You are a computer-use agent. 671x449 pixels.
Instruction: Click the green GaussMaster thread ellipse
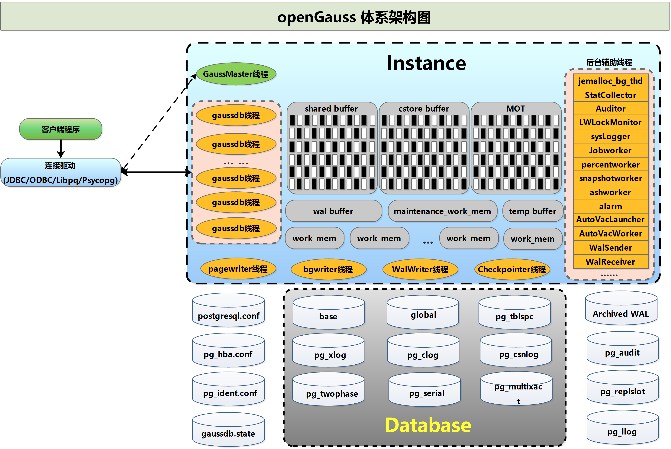(x=236, y=74)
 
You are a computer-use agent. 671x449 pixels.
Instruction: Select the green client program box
(x=60, y=129)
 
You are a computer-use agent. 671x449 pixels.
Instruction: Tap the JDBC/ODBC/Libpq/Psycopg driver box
(x=60, y=173)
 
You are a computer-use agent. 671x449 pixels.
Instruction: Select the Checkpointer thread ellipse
(x=512, y=269)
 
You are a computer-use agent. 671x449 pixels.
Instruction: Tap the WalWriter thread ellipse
(x=420, y=269)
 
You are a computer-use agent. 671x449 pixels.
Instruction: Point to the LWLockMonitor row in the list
(x=610, y=122)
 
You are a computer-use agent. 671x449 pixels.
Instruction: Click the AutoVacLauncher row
(x=610, y=220)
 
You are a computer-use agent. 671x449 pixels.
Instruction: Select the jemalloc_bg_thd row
(x=610, y=81)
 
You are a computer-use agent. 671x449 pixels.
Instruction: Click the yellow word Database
(x=428, y=425)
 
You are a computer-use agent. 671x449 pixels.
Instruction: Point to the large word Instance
(x=426, y=63)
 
